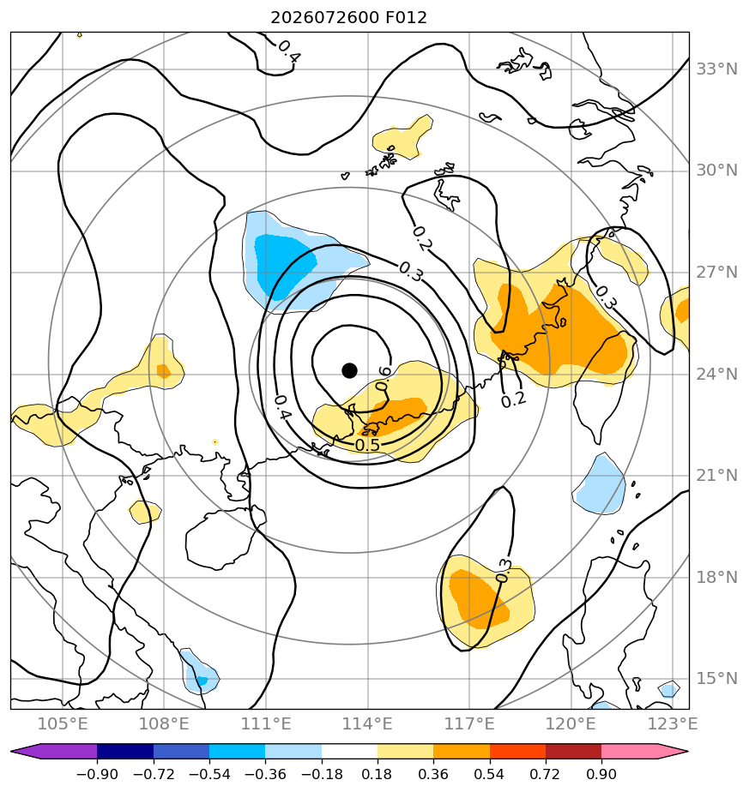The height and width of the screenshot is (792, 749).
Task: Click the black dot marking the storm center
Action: (349, 370)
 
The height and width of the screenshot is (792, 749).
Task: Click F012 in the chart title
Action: (406, 18)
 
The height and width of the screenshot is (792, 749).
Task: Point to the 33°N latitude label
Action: (716, 69)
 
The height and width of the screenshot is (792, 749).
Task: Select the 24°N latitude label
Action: (716, 375)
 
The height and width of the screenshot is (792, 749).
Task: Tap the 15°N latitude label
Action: (716, 678)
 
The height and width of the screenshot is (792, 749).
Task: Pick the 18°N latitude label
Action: (716, 577)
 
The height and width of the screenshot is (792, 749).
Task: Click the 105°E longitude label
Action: (63, 723)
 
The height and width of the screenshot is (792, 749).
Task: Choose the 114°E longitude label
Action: (368, 723)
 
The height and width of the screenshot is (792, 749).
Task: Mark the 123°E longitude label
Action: (673, 723)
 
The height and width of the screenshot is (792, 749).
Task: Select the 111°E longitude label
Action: (266, 723)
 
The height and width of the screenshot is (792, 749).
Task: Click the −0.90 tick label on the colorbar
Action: (97, 774)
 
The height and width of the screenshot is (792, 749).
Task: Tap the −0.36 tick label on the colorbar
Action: (265, 774)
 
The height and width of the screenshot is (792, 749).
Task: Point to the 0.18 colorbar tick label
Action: (377, 774)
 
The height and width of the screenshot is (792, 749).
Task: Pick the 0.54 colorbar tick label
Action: (489, 774)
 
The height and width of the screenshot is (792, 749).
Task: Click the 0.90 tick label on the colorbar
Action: (601, 774)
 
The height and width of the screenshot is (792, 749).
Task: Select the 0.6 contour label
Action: (384, 379)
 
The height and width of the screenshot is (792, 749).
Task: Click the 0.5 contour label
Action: (367, 445)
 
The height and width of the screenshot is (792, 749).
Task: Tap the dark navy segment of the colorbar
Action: (125, 751)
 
